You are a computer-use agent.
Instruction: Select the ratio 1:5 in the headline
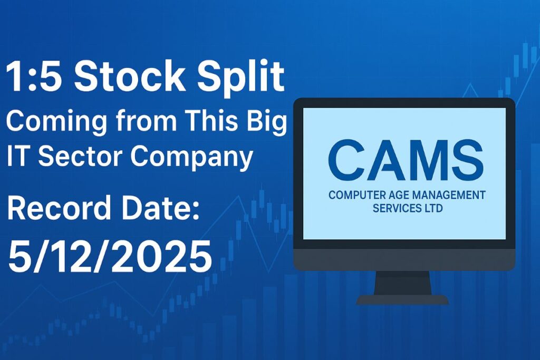tap(35, 77)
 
